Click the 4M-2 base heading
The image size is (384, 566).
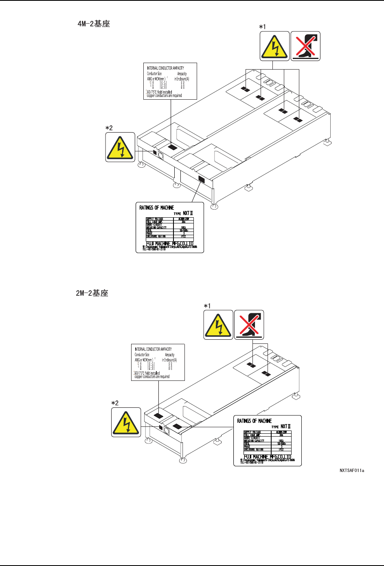coord(94,24)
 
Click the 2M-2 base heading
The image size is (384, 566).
coord(92,293)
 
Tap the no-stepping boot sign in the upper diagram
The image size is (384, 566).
coord(305,46)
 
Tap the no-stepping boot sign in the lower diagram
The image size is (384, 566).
coord(249,325)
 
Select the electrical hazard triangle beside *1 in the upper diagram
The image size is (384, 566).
coord(275,46)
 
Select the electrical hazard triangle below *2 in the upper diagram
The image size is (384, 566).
coord(120,147)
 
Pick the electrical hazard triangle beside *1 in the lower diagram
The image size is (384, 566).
coord(218,325)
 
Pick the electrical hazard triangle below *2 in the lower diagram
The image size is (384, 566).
coord(126,422)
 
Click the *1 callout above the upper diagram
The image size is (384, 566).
coord(263,27)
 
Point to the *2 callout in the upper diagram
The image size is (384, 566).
coord(109,128)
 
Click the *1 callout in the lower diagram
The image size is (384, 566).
coord(207,306)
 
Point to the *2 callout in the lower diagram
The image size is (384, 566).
coord(115,403)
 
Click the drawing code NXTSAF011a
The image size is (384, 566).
coord(352,471)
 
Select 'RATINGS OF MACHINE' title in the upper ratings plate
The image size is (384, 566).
coord(157,208)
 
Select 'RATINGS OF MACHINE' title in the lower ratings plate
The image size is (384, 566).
coord(255,421)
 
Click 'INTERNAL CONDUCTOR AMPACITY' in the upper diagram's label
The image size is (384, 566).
coord(165,68)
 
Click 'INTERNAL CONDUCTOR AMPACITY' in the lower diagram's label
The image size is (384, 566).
coord(153,349)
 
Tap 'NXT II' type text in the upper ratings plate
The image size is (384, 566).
coord(188,213)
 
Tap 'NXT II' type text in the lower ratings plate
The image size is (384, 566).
coord(285,426)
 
